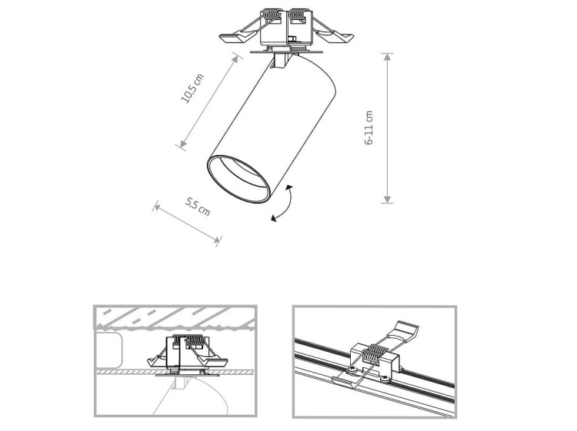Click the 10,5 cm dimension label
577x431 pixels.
coord(192,88)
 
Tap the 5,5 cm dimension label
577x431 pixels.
coord(198,207)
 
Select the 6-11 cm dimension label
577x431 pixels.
coord(369,128)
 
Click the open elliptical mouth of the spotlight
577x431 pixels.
coord(238,178)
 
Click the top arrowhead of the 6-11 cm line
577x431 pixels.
coord(386,57)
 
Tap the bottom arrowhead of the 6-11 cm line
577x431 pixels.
coord(386,199)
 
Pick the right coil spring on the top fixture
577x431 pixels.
coord(299,16)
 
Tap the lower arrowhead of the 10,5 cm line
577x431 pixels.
coord(183,144)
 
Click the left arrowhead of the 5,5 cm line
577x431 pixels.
coord(157,207)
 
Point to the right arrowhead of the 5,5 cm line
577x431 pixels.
coord(217,240)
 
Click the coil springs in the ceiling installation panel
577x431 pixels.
coord(188,340)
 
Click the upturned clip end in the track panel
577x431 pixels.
coord(407,329)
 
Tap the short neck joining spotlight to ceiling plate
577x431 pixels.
coord(281,61)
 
